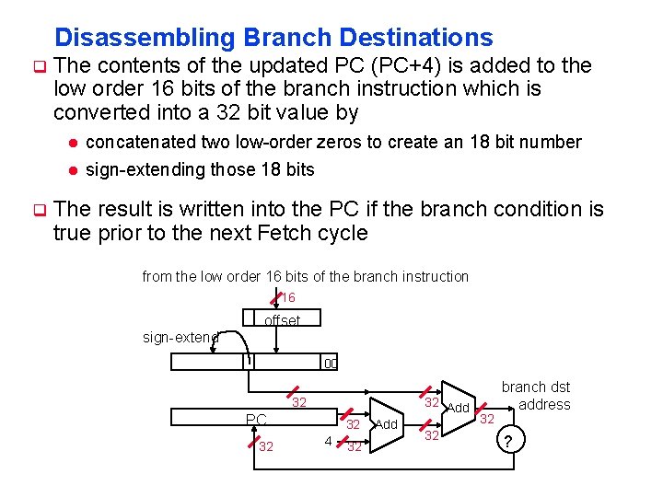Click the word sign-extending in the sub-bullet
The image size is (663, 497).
click(139, 169)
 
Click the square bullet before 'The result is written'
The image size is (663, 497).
click(40, 210)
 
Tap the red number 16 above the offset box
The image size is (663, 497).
click(288, 298)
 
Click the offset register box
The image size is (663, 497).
click(282, 320)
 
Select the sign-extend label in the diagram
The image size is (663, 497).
click(180, 338)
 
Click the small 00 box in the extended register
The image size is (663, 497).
click(331, 363)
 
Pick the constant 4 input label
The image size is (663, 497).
click(328, 441)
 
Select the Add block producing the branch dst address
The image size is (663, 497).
click(458, 407)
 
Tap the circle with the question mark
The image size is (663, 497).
click(508, 442)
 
